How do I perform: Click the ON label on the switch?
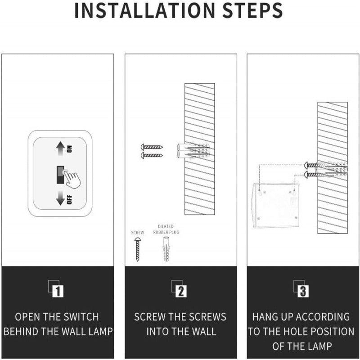[x=69, y=149]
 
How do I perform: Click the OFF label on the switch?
[x=69, y=200]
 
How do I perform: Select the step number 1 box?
[x=57, y=291]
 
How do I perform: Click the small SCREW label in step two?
[x=137, y=233]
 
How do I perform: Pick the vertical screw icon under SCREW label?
[x=137, y=250]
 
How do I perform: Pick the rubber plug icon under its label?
[x=165, y=250]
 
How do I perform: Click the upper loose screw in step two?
[x=152, y=147]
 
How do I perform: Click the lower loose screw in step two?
[x=152, y=155]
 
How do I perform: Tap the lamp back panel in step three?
[x=276, y=205]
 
